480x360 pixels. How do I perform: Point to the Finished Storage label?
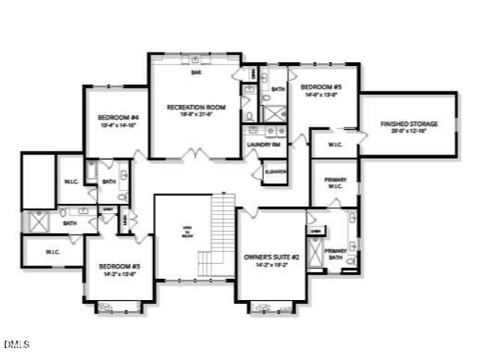[409, 124]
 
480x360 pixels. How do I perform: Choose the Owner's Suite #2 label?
[271, 257]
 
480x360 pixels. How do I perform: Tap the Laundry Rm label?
[263, 145]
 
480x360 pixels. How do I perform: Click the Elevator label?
[276, 172]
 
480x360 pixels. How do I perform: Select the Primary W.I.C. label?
[334, 184]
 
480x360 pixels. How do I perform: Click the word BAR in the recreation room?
[196, 73]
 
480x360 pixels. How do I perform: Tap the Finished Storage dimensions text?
[409, 131]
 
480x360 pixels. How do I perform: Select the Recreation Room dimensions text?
[196, 115]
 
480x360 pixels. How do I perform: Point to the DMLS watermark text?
[16, 344]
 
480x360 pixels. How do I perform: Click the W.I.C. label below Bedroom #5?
[334, 145]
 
